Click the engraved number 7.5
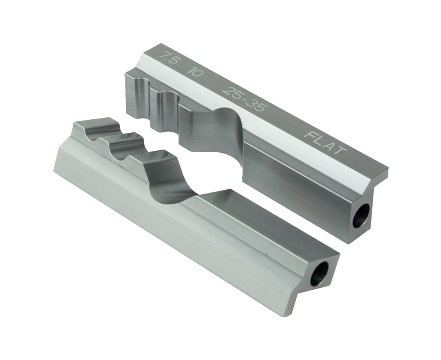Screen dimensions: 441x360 [x=168, y=58]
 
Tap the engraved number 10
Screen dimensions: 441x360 [x=195, y=72]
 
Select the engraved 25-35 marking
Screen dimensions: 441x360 [x=244, y=99]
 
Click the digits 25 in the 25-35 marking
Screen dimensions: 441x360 [x=231, y=92]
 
